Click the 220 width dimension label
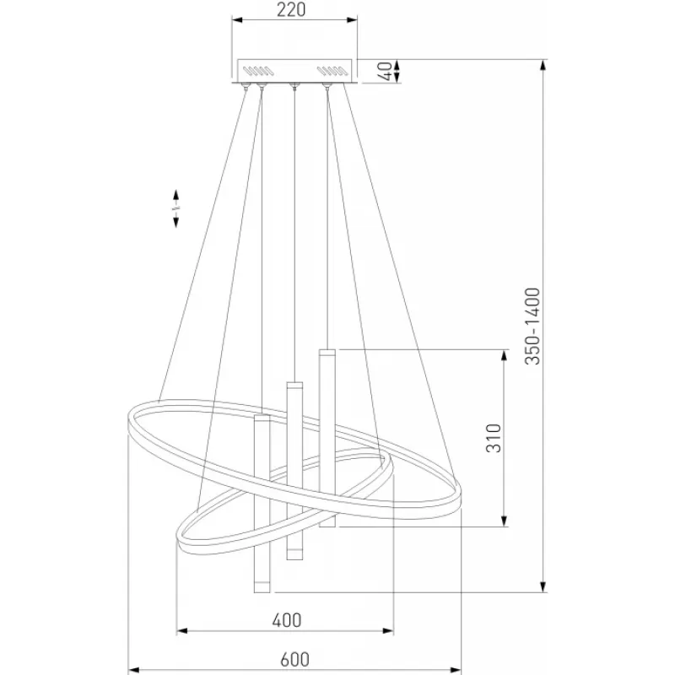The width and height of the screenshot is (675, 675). click(291, 10)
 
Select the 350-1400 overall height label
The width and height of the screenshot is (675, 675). click(532, 326)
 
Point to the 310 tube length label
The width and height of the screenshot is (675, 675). click(494, 438)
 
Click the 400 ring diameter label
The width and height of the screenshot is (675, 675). click(287, 620)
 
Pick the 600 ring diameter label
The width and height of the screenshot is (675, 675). click(294, 660)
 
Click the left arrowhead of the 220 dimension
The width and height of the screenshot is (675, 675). click(238, 19)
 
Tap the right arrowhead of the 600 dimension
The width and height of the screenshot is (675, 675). click(456, 670)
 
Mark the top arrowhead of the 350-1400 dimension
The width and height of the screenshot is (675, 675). click(543, 66)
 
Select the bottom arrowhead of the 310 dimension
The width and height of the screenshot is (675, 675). click(505, 521)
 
